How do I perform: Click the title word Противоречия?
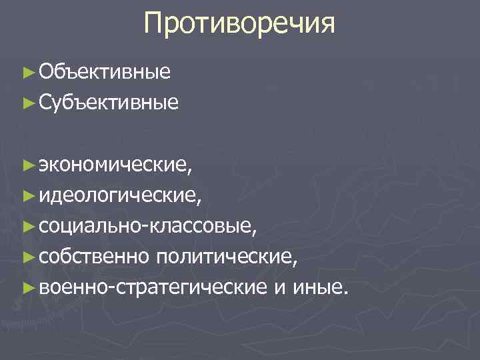[x=240, y=25]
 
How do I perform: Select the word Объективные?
[x=105, y=72]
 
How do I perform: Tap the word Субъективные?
[x=109, y=103]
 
